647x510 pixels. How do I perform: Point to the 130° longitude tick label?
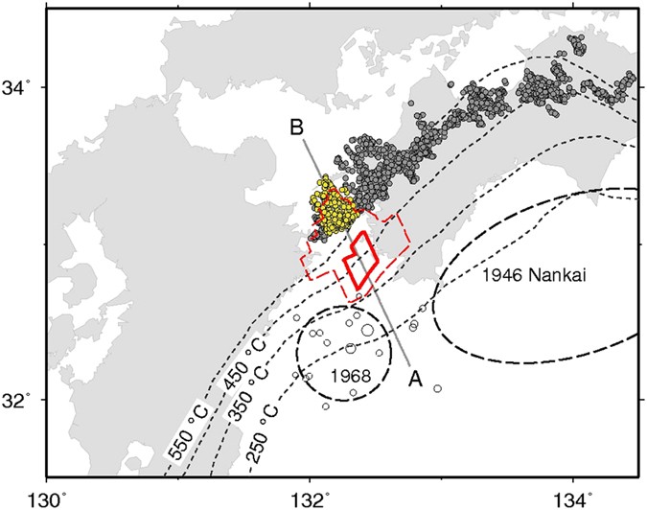point(47,497)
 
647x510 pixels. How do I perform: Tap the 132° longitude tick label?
point(310,497)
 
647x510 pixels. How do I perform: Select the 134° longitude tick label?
point(573,497)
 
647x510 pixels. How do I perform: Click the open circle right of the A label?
point(437,388)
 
